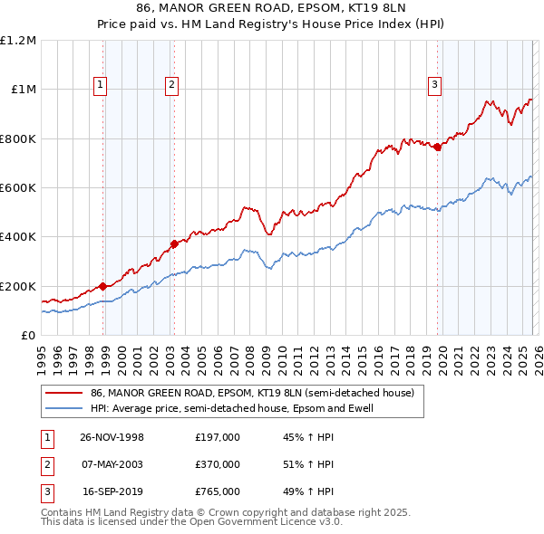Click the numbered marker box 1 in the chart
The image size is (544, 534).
(x=99, y=86)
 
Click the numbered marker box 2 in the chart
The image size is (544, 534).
(x=171, y=86)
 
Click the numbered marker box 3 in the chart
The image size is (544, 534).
(x=434, y=86)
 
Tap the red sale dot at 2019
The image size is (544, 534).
(x=437, y=148)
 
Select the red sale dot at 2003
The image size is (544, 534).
(x=174, y=243)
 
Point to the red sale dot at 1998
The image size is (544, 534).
(x=103, y=286)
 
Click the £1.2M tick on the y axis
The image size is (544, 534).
(x=18, y=41)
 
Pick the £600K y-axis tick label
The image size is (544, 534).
(x=18, y=188)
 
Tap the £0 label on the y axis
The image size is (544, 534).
(x=27, y=336)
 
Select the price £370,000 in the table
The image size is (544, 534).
(x=218, y=464)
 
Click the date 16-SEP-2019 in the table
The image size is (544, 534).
(x=112, y=491)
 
